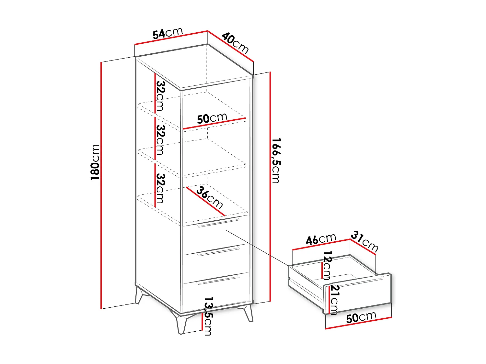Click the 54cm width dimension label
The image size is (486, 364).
[168, 33]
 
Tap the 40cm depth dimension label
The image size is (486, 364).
[236, 43]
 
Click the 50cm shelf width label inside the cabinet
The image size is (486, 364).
[212, 118]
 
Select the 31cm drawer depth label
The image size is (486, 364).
[365, 241]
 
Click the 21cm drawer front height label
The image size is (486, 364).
[335, 300]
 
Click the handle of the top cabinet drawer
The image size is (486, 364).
[218, 222]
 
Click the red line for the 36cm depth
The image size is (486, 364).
[205, 201]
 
